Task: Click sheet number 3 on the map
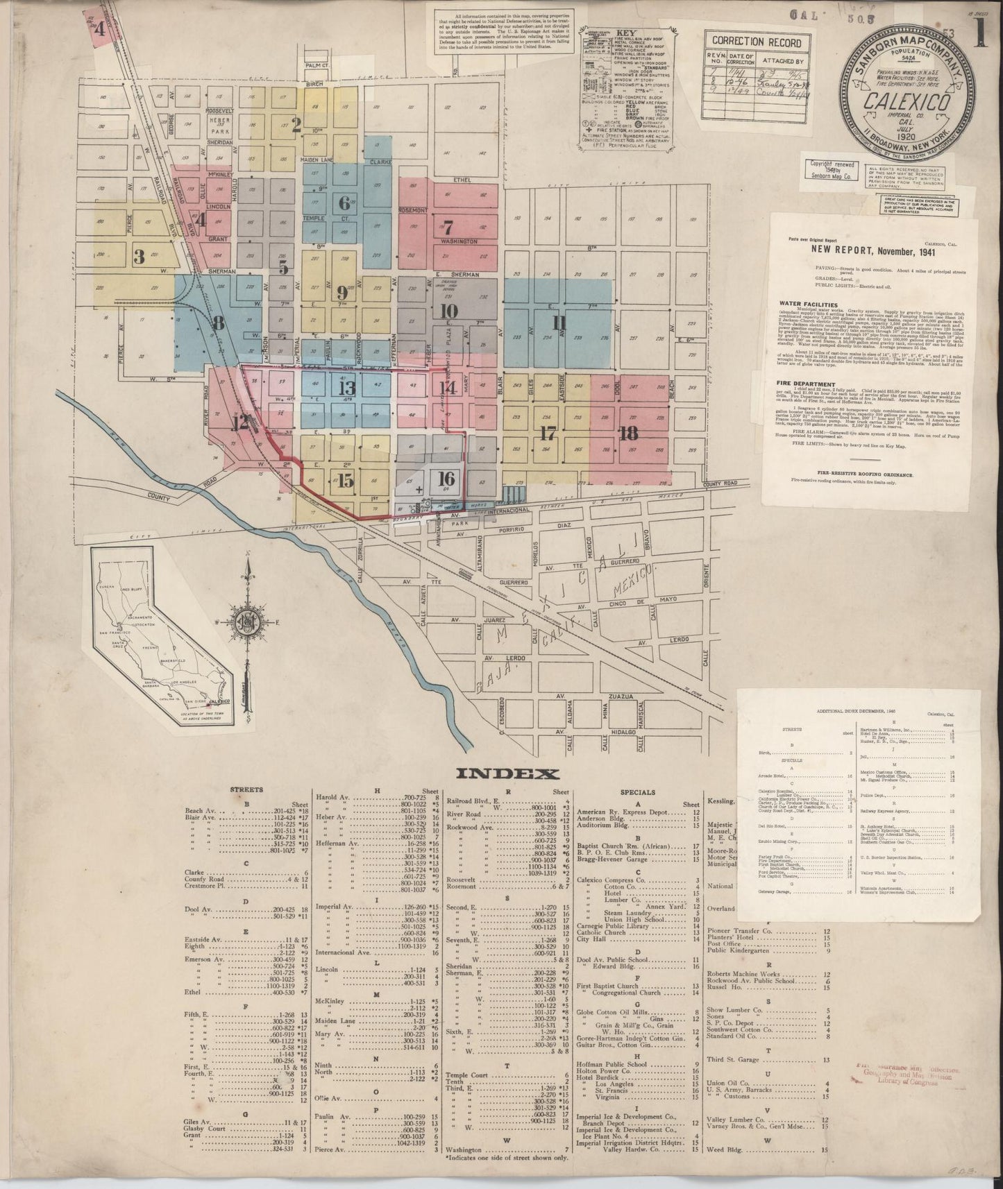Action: (140, 256)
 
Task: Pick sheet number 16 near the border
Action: (446, 478)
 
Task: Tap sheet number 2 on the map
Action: (296, 126)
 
